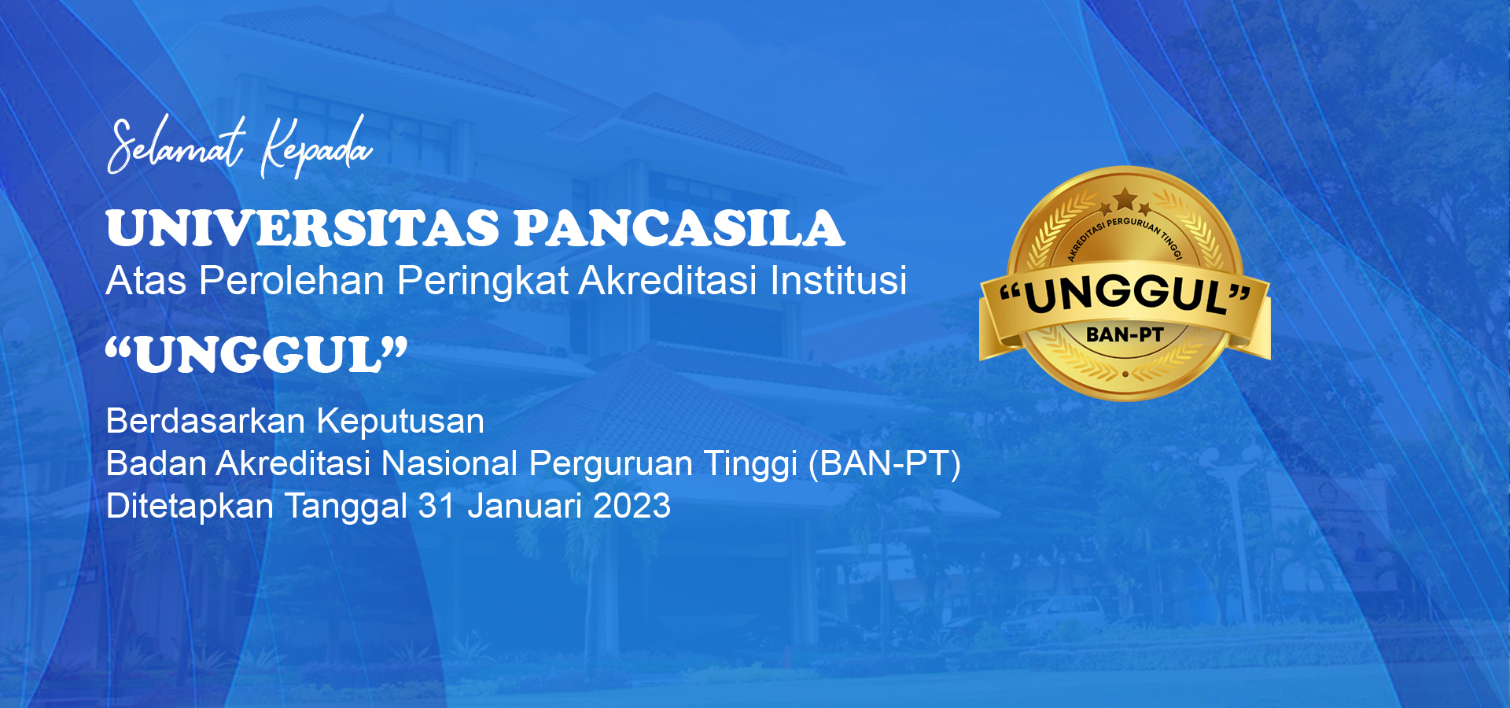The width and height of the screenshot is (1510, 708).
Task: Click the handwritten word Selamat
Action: coord(176,146)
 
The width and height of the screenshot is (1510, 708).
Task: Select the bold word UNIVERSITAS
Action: coord(303,228)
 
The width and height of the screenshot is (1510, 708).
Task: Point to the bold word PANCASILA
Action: coord(679,228)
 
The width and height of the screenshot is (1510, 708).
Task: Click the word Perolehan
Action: coord(292,280)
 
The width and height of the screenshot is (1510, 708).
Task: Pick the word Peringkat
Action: coord(483,281)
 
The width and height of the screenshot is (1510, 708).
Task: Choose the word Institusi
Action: coord(838,280)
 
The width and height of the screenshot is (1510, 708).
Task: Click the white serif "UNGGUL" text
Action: coord(257,355)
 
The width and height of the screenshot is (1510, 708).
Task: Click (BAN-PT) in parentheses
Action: coord(885,464)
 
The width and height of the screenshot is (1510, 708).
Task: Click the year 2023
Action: coord(632,506)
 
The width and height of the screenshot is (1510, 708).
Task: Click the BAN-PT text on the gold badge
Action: coord(1125,334)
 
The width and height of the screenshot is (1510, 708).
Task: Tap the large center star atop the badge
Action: coord(1125,197)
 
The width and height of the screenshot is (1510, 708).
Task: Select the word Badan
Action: coord(156,463)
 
